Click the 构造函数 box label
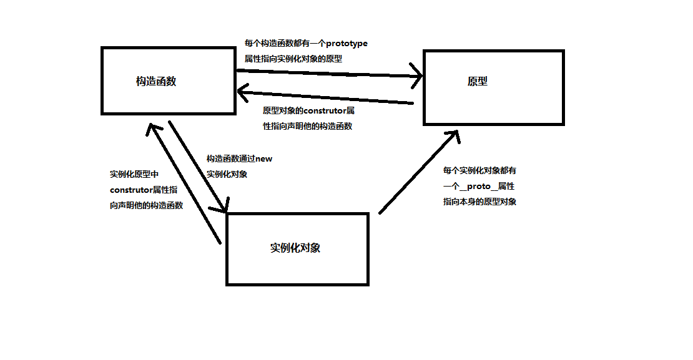pyautogui.click(x=156, y=81)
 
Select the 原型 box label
pyautogui.click(x=477, y=81)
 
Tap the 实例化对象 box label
pyautogui.click(x=295, y=248)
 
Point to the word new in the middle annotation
pyautogui.click(x=264, y=159)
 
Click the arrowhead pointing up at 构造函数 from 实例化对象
pyautogui.click(x=152, y=128)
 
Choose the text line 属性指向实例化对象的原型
pyautogui.click(x=293, y=59)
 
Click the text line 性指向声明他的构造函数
pyautogui.click(x=307, y=126)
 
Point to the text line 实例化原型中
pyautogui.click(x=134, y=174)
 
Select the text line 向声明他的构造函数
pyautogui.click(x=146, y=205)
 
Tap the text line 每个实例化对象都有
pyautogui.click(x=479, y=170)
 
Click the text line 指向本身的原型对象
pyautogui.click(x=479, y=202)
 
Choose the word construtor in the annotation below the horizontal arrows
pyautogui.click(x=324, y=111)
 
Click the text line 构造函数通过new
pyautogui.click(x=239, y=159)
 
